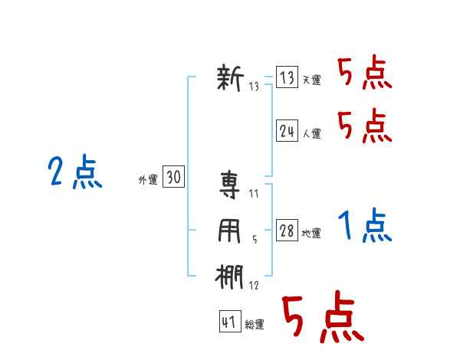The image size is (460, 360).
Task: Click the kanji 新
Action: pyautogui.click(x=230, y=77)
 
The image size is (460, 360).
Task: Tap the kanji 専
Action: pyautogui.click(x=230, y=185)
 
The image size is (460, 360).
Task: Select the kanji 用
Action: pyautogui.click(x=229, y=231)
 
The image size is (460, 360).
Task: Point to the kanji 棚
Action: pyautogui.click(x=229, y=277)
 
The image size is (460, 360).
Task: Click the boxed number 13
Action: pyautogui.click(x=287, y=77)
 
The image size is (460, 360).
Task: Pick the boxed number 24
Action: pyautogui.click(x=287, y=130)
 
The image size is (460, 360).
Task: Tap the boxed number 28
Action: pyautogui.click(x=287, y=230)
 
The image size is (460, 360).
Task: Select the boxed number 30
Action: pyautogui.click(x=173, y=176)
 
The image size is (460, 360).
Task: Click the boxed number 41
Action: pyautogui.click(x=230, y=322)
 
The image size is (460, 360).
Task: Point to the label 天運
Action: pyautogui.click(x=311, y=80)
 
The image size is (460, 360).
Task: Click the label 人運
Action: pyautogui.click(x=311, y=134)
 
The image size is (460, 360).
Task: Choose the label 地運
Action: pyautogui.click(x=311, y=234)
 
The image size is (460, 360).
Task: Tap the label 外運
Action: pyautogui.click(x=148, y=180)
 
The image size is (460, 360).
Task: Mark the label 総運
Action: pyautogui.click(x=255, y=325)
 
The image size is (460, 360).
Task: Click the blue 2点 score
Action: pyautogui.click(x=75, y=172)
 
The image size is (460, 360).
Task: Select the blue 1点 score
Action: pyautogui.click(x=365, y=225)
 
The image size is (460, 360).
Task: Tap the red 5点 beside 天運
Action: pyautogui.click(x=365, y=73)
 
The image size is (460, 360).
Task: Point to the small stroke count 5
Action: pyautogui.click(x=255, y=240)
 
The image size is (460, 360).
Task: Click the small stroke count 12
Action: pyautogui.click(x=254, y=285)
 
